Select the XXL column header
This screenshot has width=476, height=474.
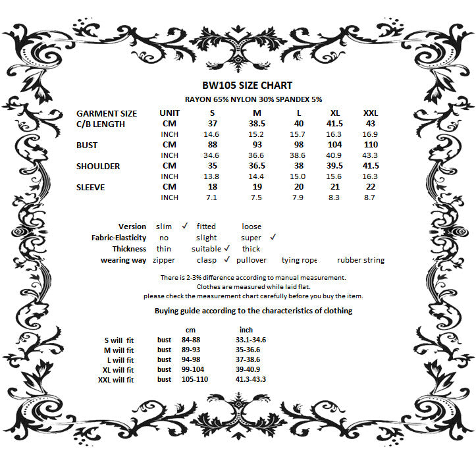(x=370, y=113)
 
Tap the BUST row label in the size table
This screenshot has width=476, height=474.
(x=87, y=145)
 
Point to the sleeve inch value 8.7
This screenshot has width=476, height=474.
(x=370, y=197)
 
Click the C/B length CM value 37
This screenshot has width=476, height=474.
(x=213, y=124)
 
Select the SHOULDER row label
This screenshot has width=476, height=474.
(x=98, y=166)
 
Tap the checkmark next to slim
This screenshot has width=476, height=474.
(x=185, y=226)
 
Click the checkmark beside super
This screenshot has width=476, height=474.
(x=273, y=237)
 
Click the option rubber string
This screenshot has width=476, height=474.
(x=360, y=260)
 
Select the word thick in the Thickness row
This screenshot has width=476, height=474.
(x=251, y=249)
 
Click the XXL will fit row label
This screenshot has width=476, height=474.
(x=115, y=380)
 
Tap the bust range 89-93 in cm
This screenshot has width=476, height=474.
(x=190, y=350)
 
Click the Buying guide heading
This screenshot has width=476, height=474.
(x=253, y=311)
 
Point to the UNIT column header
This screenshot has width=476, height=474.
(x=169, y=113)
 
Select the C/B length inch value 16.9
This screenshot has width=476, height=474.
(x=370, y=134)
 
